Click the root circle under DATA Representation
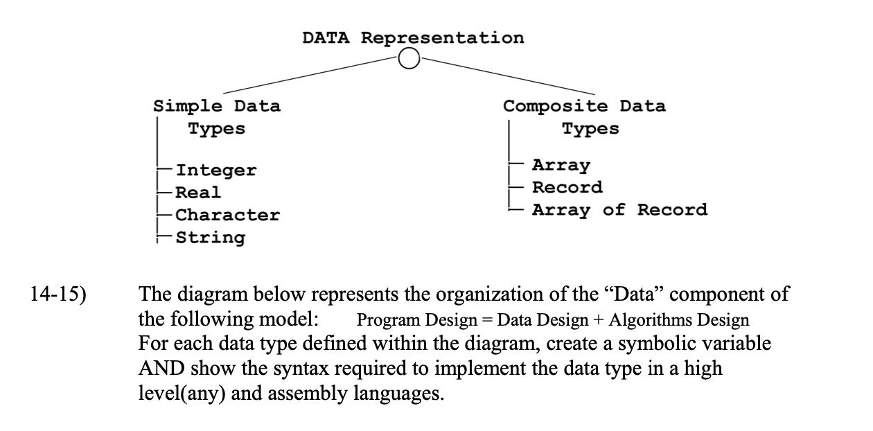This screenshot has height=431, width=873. click(x=409, y=60)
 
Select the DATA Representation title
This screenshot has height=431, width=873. click(x=413, y=37)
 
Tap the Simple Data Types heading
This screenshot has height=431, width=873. click(x=217, y=117)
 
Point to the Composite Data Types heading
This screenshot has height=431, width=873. click(x=584, y=117)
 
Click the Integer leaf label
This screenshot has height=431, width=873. click(x=215, y=170)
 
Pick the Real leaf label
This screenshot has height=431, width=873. click(x=198, y=193)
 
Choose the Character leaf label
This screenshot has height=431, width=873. click(x=227, y=215)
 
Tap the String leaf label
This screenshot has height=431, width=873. click(x=210, y=238)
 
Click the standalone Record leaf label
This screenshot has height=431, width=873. click(x=567, y=188)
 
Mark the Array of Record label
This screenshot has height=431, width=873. click(x=619, y=210)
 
